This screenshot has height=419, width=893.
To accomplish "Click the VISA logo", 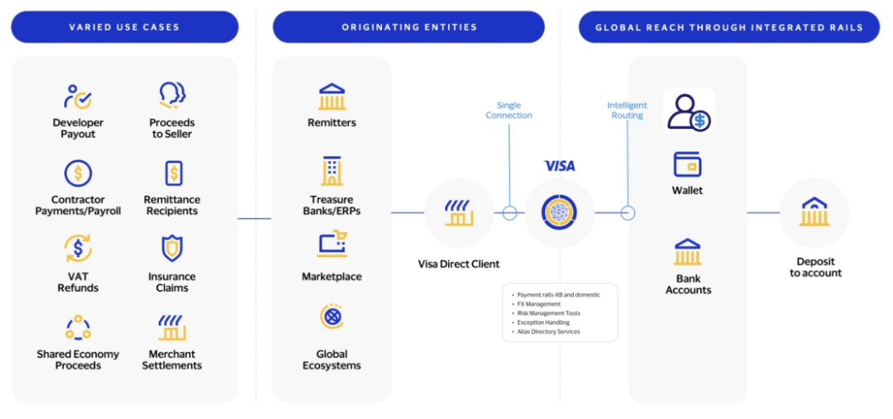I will (x=559, y=166).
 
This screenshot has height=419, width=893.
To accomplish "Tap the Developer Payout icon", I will (x=78, y=97).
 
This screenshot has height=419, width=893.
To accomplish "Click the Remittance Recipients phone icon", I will (x=173, y=174).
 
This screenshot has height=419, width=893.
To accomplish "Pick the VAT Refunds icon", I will (x=78, y=248).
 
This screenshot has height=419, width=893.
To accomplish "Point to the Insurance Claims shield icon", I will (x=172, y=248).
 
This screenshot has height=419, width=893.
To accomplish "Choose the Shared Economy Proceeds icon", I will (x=78, y=327).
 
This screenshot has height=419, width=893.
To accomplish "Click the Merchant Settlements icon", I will (x=172, y=327).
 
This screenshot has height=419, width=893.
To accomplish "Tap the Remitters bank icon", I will (x=332, y=97).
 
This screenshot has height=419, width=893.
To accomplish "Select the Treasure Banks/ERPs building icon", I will (x=332, y=171).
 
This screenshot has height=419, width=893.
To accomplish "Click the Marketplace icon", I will (x=332, y=245).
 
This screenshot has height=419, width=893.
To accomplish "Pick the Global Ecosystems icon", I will (x=332, y=317).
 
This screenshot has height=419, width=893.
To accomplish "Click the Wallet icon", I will (x=687, y=164).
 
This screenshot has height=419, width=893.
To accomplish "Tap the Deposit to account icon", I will (x=814, y=212).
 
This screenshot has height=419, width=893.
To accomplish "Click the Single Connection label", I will (x=509, y=110).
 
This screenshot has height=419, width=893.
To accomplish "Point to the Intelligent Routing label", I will (x=627, y=110).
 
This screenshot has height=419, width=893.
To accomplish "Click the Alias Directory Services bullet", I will (x=548, y=331).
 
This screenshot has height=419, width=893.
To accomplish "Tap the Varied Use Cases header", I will (x=125, y=27).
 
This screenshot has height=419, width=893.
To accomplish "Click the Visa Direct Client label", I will (x=458, y=264).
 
